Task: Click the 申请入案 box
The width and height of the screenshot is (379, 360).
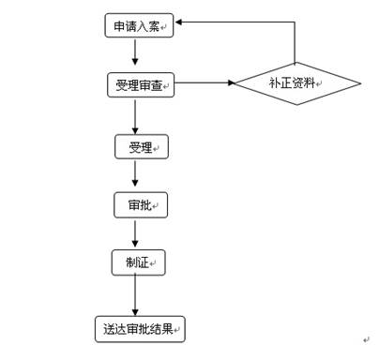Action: tap(136, 27)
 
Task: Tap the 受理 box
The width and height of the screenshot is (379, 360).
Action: tap(142, 147)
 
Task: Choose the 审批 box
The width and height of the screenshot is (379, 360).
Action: tap(142, 205)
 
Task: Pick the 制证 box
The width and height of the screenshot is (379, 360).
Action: tap(138, 263)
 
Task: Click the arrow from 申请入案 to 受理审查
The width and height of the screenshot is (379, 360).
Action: tap(137, 55)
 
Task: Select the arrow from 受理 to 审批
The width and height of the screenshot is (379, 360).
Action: tap(137, 175)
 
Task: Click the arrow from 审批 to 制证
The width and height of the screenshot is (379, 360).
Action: tap(137, 233)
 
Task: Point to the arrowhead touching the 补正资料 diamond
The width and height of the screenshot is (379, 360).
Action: tap(230, 83)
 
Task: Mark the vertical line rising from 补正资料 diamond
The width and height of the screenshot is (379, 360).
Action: tap(296, 41)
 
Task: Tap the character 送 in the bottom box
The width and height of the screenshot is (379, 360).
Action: tap(108, 329)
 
